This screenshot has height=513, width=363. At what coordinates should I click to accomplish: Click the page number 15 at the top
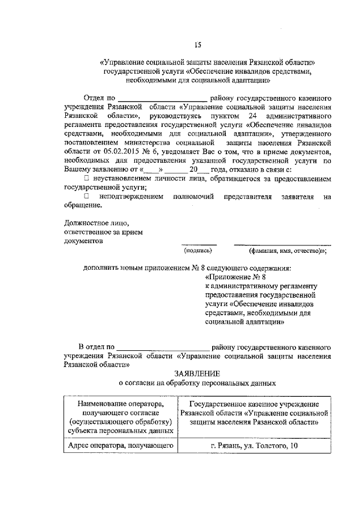coord(198,44)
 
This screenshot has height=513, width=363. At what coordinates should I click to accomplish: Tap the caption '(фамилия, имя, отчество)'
coord(287,250)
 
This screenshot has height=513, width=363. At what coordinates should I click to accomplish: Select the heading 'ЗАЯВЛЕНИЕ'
coord(197,373)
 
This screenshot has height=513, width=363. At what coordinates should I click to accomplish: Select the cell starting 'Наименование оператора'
coord(120,417)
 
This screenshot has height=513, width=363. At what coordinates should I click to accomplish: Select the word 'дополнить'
coord(100,268)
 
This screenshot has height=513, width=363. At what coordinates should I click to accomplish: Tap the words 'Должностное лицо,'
coord(92,223)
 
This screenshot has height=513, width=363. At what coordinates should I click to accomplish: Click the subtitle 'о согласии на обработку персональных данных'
coord(197,383)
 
